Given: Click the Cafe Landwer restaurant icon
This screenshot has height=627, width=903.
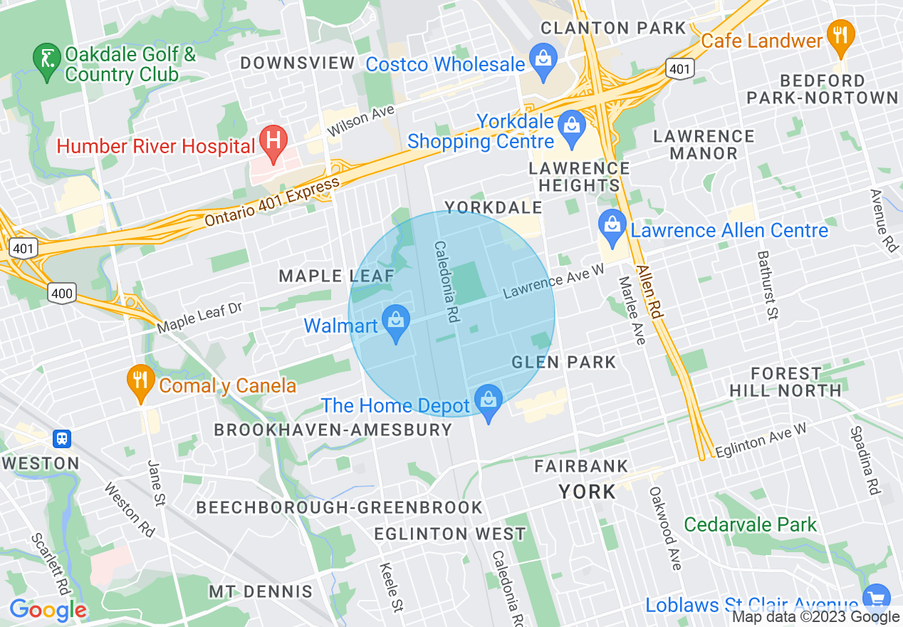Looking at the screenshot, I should pos(841,37).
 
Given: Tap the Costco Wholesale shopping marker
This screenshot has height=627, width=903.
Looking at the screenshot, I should pos(543,61).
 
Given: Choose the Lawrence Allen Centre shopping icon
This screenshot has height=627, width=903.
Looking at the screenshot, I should pos(612,227).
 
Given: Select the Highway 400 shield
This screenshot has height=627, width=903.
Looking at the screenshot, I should pos(62,291).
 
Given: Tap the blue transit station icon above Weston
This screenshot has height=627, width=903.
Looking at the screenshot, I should pos(62,438).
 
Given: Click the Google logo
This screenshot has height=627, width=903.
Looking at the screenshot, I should pos(48,610).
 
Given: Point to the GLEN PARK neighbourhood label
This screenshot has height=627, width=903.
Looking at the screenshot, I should pos(563,362).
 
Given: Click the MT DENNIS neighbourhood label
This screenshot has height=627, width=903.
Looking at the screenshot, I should pos(260,591).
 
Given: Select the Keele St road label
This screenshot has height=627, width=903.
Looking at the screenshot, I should pos(390,586).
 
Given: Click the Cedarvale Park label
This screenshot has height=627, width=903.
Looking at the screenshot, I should pos(750,525).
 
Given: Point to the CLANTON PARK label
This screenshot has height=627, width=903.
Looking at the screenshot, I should pos(612,28).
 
